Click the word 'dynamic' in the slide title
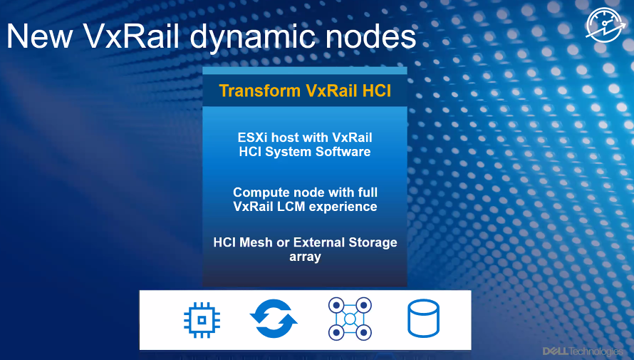pyautogui.click(x=254, y=37)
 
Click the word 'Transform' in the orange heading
pyautogui.click(x=260, y=91)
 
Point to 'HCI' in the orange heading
pyautogui.click(x=376, y=91)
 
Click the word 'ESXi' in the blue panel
pyautogui.click(x=253, y=138)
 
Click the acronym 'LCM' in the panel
pyautogui.click(x=291, y=206)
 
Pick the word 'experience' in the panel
pyautogui.click(x=343, y=207)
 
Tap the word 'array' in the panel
pyautogui.click(x=306, y=257)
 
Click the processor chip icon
pyautogui.click(x=202, y=320)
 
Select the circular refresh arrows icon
pyautogui.click(x=274, y=319)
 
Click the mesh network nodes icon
pyautogui.click(x=350, y=319)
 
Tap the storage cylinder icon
pyautogui.click(x=423, y=319)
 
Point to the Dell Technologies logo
pyautogui.click(x=583, y=351)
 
